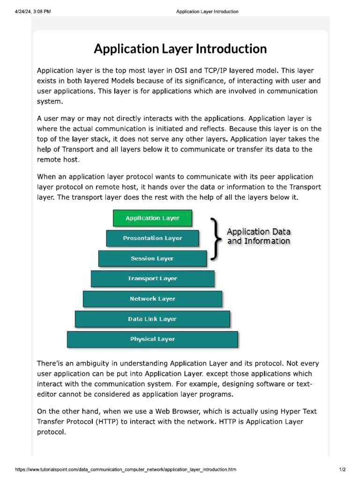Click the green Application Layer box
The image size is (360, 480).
tap(152, 218)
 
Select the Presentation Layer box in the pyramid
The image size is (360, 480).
tap(152, 239)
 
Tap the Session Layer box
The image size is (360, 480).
tap(152, 259)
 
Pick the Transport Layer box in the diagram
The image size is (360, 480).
tap(152, 279)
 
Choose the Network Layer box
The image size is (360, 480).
tap(152, 299)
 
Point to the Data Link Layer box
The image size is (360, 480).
tap(152, 319)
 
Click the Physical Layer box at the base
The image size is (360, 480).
tap(152, 339)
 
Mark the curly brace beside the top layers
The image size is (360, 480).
tap(215, 238)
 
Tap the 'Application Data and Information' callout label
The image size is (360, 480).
tap(259, 236)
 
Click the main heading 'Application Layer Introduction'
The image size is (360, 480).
tap(180, 49)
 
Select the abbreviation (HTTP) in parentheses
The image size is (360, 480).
tap(111, 422)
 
